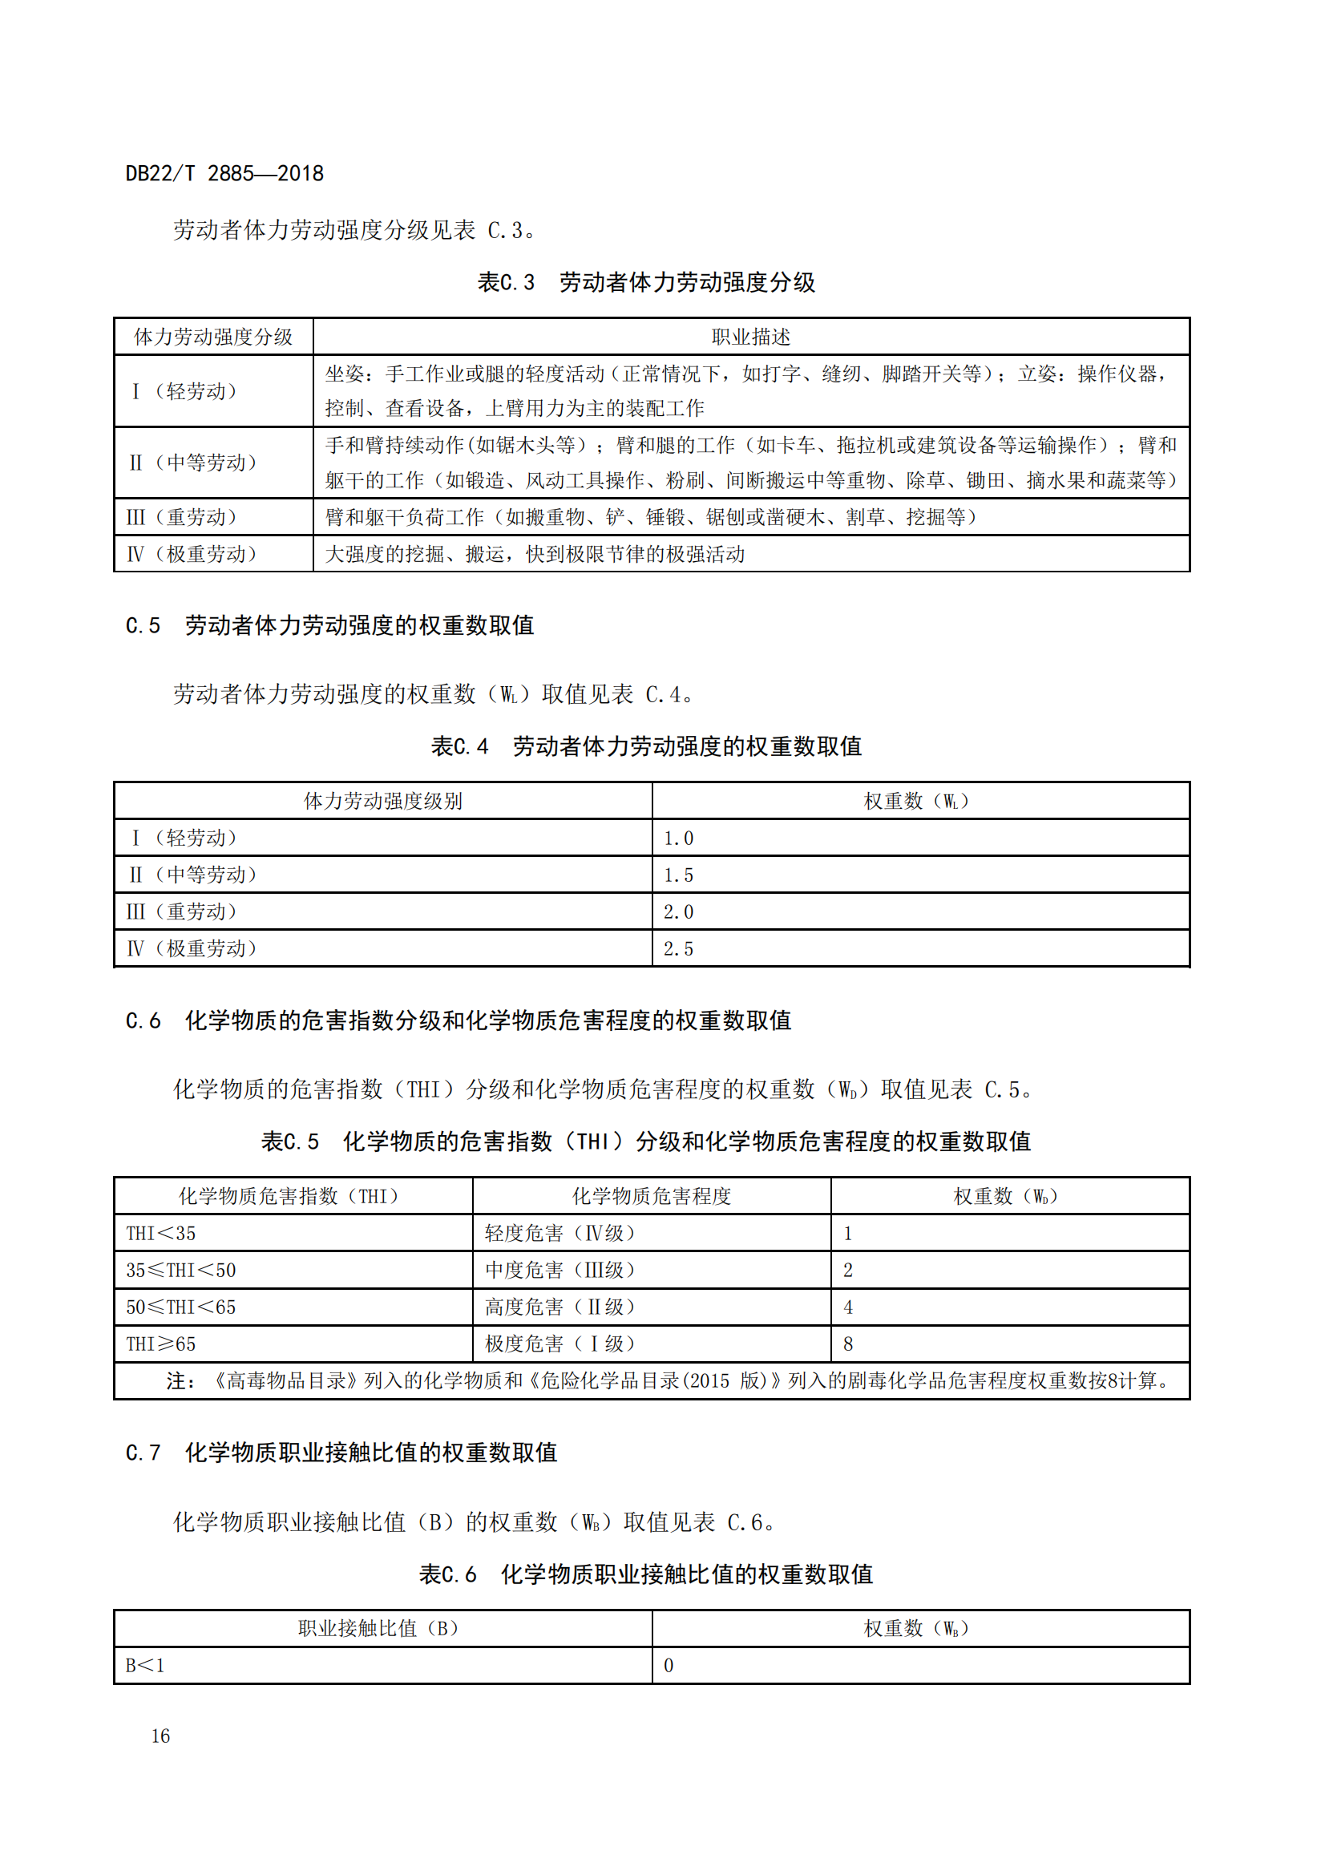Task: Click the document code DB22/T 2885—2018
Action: tap(224, 173)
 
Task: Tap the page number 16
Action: tap(160, 1736)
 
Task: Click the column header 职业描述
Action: tap(750, 337)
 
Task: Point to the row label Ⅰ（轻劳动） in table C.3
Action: tap(184, 391)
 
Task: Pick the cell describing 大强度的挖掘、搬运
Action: tap(535, 554)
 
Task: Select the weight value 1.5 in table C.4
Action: tap(677, 875)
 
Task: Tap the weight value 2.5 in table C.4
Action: tap(677, 948)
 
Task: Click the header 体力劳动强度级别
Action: tap(383, 801)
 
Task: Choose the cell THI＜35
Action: tap(161, 1233)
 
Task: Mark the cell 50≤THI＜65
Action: tap(180, 1307)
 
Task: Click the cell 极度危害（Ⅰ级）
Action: tap(559, 1344)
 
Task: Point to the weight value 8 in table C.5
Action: tap(848, 1344)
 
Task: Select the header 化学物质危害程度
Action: tap(651, 1196)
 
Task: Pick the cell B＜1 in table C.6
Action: tap(145, 1665)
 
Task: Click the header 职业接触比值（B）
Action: tap(378, 1628)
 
